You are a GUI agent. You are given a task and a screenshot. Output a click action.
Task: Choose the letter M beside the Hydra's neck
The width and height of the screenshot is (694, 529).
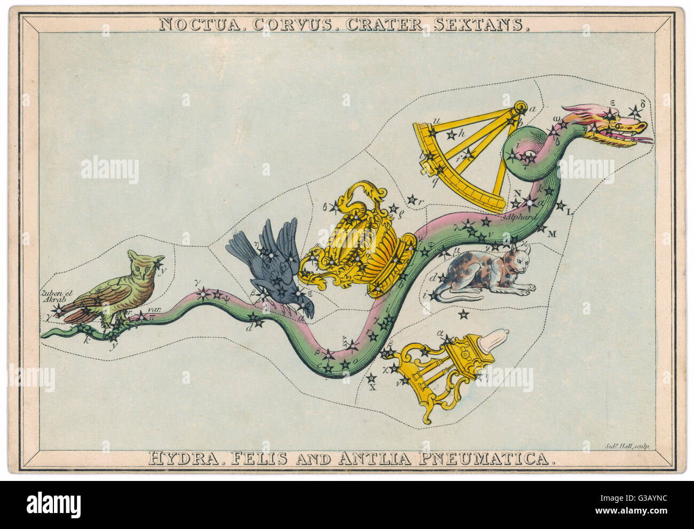pyautogui.click(x=552, y=233)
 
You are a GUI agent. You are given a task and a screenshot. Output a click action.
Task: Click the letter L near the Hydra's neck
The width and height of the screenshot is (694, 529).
pyautogui.click(x=569, y=212)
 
